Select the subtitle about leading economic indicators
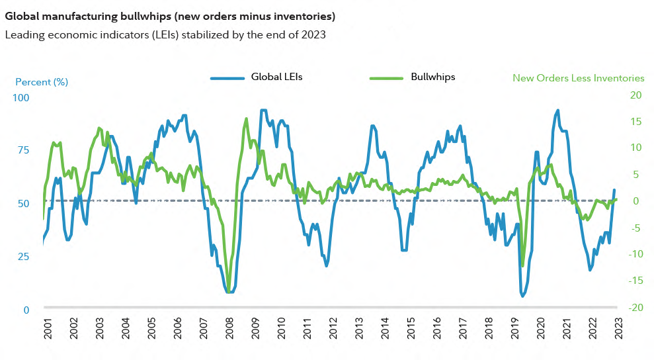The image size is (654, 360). point(165,35)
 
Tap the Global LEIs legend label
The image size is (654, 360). point(276,77)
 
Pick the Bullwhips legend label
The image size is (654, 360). point(432,77)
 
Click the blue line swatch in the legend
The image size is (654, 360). point(227,77)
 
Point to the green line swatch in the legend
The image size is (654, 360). point(385,77)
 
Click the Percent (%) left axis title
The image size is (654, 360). point(42,82)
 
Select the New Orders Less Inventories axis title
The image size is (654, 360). point(578,78)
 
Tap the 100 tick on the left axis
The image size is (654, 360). point(22,97)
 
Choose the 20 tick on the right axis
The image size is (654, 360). point(636,95)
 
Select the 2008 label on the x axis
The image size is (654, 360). point(229,329)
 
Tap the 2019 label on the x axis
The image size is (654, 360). point(514,329)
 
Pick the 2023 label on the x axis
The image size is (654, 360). point(617,329)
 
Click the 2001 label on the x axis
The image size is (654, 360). point(48,329)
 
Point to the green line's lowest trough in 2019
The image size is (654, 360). point(522,266)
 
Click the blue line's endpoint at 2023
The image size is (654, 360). point(614,191)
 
